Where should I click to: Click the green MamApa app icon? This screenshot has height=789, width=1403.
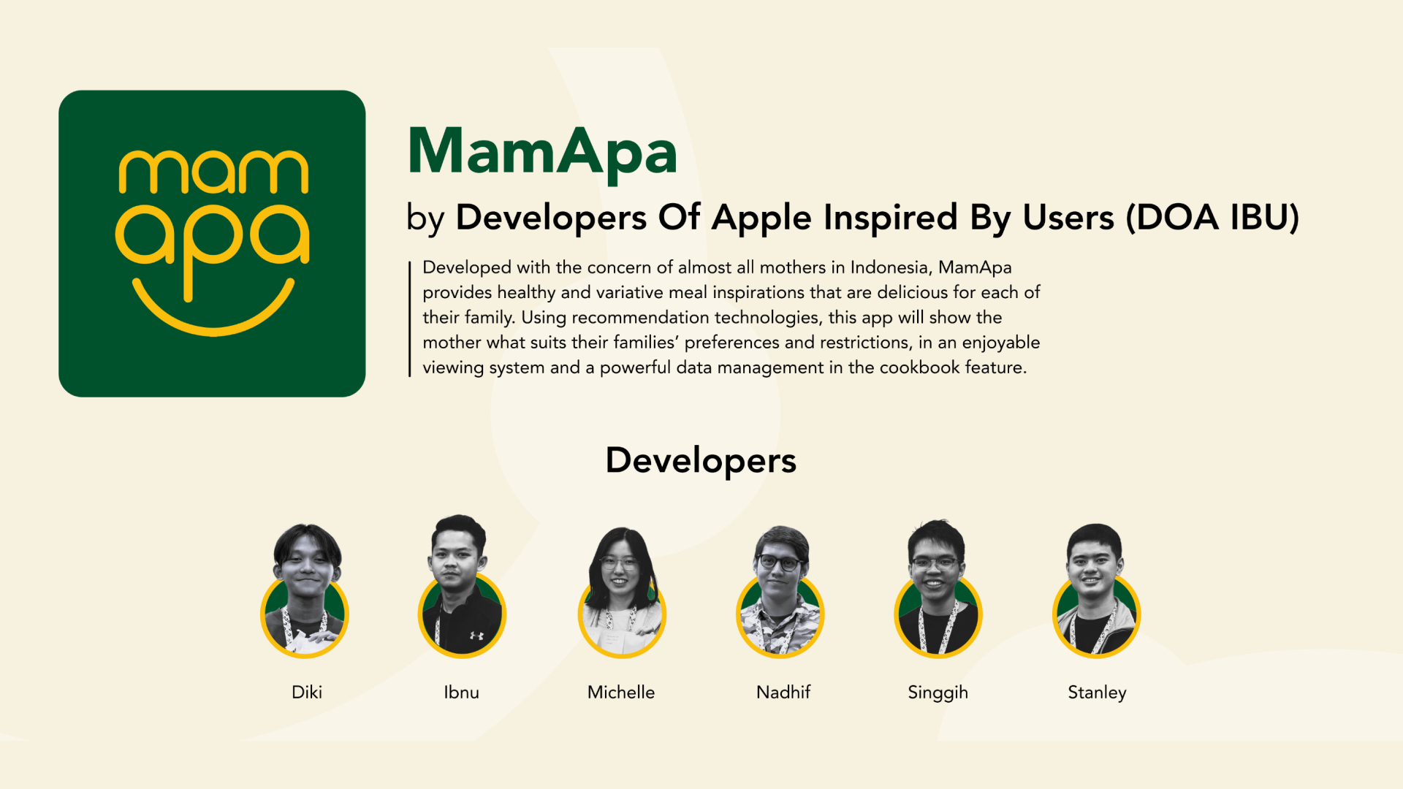212,243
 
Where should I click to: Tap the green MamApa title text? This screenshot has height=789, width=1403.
542,152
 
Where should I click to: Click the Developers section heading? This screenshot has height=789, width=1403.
701,461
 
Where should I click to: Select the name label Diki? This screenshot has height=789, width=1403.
307,692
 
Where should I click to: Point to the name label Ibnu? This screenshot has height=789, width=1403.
462,692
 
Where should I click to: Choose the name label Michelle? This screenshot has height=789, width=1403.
621,692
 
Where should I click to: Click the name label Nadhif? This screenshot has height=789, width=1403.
783,692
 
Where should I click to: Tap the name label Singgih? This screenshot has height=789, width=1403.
938,693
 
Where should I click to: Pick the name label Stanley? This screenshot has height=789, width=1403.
1097,693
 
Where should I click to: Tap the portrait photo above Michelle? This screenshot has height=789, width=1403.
622,592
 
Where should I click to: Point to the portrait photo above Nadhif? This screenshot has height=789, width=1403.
780,591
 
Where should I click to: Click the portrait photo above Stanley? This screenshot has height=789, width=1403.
1096,590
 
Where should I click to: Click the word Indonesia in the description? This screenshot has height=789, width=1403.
891,268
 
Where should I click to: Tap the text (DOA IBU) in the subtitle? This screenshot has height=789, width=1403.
1213,218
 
